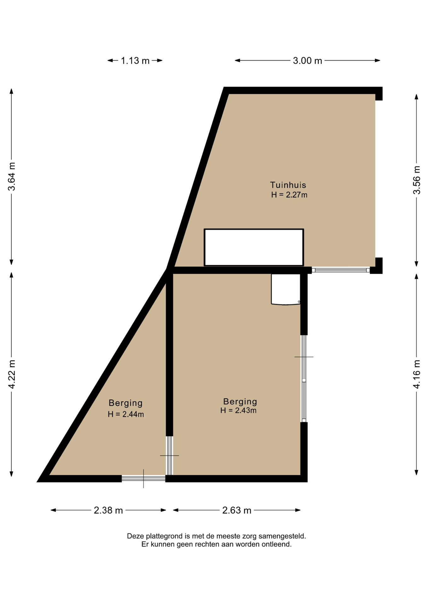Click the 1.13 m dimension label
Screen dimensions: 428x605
point(135,60)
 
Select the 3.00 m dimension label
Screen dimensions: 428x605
point(307,60)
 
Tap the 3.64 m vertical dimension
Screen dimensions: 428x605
point(12,176)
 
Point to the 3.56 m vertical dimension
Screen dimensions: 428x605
point(417,180)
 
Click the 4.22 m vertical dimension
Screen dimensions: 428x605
point(12,374)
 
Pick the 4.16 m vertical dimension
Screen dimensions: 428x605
point(417,374)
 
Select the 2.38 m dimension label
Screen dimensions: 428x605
point(108,510)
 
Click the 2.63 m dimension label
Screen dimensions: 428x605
point(237,510)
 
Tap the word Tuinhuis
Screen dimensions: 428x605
point(288,185)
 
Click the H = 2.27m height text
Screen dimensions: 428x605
point(289,195)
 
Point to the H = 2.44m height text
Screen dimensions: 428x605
point(126,414)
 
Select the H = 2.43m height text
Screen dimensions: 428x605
point(239,410)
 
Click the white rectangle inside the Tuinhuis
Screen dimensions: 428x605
point(254,247)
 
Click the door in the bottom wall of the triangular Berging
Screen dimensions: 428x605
point(144,478)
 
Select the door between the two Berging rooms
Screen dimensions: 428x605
point(170,455)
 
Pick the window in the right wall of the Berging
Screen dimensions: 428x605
point(304,378)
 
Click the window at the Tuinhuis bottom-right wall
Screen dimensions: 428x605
point(341,270)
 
